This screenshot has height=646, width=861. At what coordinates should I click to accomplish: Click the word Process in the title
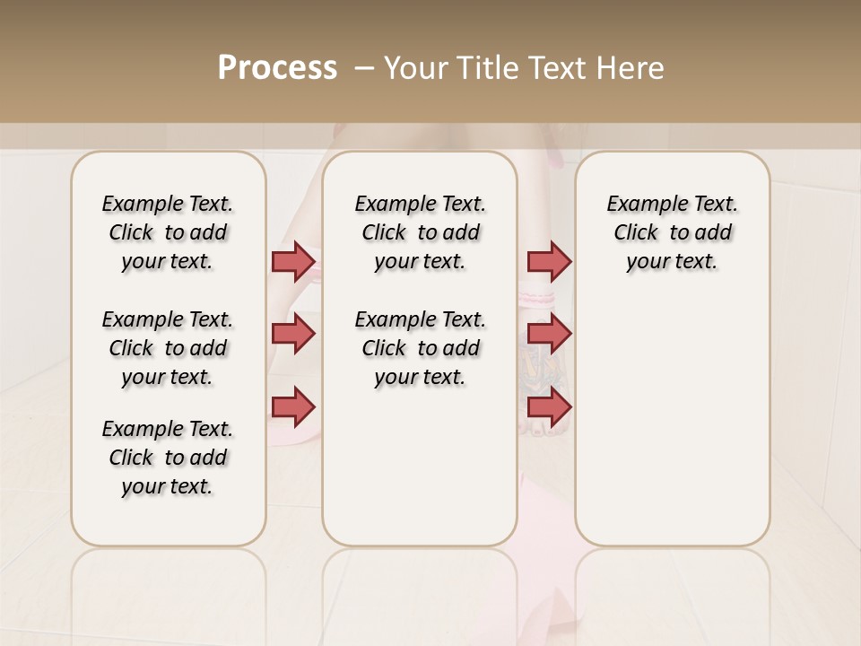pos(277,68)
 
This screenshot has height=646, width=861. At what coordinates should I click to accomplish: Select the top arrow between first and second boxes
pos(293,261)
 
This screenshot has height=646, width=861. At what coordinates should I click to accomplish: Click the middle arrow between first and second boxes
pos(293,334)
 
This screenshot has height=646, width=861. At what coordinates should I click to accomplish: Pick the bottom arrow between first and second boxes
pos(293,406)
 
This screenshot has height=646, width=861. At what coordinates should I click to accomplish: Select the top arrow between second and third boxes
pos(549,261)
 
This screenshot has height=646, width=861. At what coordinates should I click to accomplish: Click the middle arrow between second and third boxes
pos(549,334)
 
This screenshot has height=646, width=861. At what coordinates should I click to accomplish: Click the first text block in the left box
pos(168,232)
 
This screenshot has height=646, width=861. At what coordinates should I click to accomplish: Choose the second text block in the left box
pos(168,348)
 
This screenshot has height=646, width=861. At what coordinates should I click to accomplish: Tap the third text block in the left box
pos(168,458)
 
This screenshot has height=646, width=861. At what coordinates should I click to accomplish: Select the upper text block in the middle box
pos(420,232)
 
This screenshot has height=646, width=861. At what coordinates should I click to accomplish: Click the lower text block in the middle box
pos(420,348)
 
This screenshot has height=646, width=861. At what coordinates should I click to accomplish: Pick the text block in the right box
pos(672,232)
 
